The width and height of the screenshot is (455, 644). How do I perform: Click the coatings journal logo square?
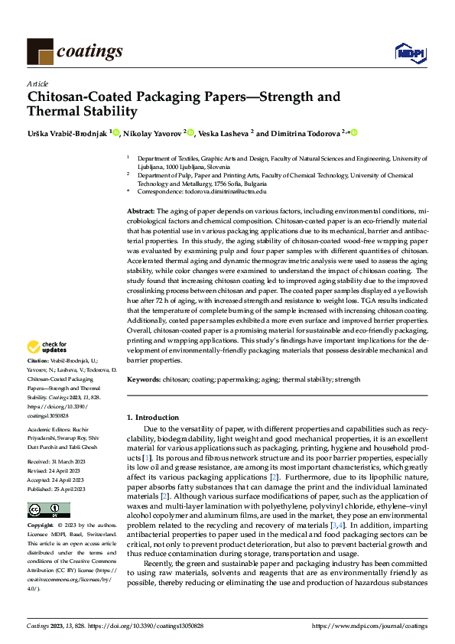(40, 52)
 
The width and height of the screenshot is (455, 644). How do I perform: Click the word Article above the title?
(37, 83)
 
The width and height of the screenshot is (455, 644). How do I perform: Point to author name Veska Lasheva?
(223, 133)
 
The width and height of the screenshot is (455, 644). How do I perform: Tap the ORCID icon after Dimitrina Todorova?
(355, 133)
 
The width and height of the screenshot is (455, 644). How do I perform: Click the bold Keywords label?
(144, 379)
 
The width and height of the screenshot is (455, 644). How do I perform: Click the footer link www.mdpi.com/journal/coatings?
(371, 626)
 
